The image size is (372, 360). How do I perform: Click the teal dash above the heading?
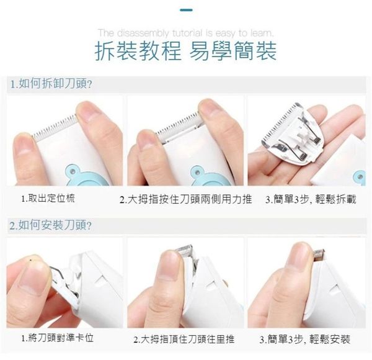(x=186, y=10)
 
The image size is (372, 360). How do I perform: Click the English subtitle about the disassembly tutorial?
(x=186, y=33)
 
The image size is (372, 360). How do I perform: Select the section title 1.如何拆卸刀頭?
(x=51, y=84)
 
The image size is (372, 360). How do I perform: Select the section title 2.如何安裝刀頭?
(x=50, y=225)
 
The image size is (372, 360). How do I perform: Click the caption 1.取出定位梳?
(x=48, y=198)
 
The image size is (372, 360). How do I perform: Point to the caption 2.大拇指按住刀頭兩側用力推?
(x=186, y=199)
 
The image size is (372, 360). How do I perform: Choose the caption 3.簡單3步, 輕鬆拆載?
(x=311, y=199)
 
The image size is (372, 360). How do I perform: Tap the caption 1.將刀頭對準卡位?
(x=57, y=338)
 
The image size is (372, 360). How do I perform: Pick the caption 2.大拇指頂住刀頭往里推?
(x=184, y=339)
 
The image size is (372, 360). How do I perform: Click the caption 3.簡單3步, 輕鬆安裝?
(x=305, y=339)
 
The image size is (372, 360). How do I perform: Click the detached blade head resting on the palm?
(x=293, y=134)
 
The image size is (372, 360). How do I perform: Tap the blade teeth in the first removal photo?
(x=55, y=128)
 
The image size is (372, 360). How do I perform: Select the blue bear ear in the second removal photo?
(x=196, y=171)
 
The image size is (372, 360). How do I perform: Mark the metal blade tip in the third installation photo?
(x=319, y=255)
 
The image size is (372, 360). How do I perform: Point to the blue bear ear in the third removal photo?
(x=360, y=176)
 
